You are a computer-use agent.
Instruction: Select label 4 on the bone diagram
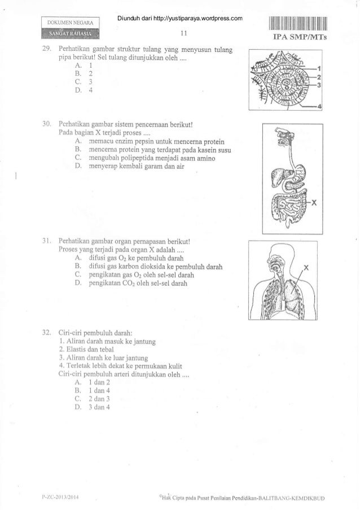[320, 106]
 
